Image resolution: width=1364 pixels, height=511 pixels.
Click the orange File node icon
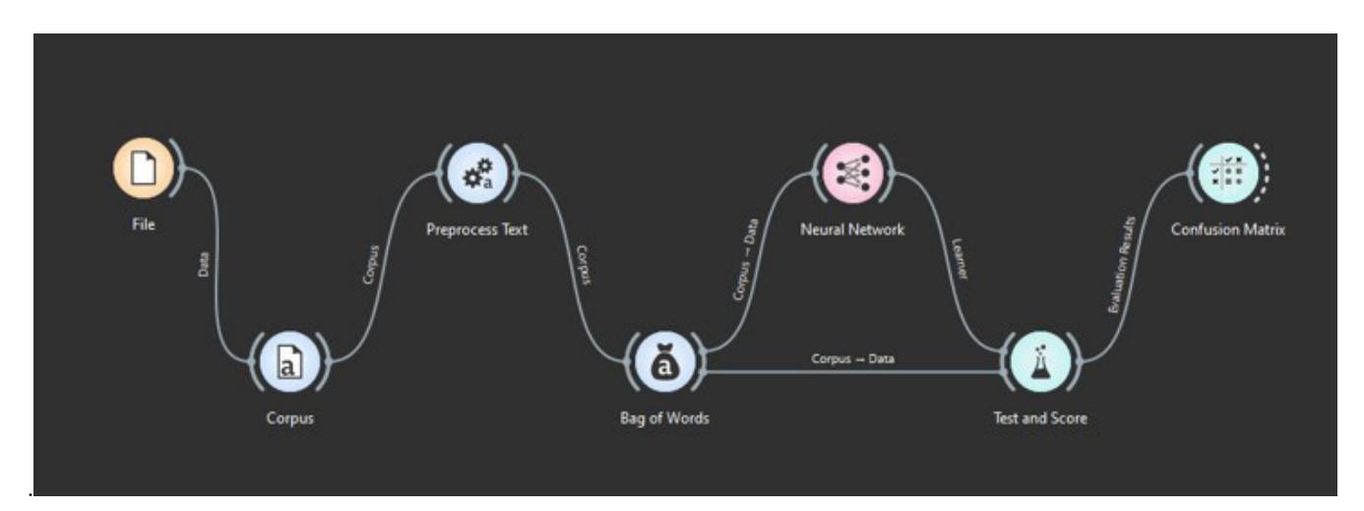click(x=143, y=168)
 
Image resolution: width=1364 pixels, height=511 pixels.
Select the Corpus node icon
click(x=290, y=362)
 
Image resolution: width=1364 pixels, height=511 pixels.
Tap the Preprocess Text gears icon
click(x=477, y=174)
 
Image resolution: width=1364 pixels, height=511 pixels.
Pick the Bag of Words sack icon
click(x=665, y=362)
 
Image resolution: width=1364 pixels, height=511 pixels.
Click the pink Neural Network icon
click(x=852, y=174)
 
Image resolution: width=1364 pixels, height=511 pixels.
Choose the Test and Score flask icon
click(x=1040, y=362)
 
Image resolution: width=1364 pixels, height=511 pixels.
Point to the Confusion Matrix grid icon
click(x=1227, y=174)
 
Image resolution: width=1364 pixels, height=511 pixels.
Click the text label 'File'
click(x=144, y=224)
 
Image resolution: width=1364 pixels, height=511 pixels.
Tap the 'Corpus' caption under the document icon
click(x=290, y=418)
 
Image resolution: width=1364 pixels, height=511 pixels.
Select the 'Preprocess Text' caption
click(x=477, y=229)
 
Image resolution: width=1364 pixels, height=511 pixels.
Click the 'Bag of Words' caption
click(x=665, y=418)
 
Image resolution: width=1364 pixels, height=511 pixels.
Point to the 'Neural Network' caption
click(x=852, y=229)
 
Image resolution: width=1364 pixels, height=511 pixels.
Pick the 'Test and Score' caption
click(x=1040, y=418)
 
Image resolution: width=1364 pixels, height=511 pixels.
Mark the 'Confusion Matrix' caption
click(x=1227, y=229)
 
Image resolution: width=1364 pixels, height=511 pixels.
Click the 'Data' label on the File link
click(x=204, y=264)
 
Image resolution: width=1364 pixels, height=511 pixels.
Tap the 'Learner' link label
click(x=960, y=259)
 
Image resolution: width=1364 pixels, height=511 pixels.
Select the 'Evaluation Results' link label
click(x=1121, y=265)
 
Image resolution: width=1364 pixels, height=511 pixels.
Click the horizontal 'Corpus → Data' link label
click(x=852, y=358)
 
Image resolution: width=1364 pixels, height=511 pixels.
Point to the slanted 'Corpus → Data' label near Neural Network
click(x=745, y=260)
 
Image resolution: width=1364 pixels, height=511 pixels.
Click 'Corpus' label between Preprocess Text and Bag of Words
click(x=584, y=265)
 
